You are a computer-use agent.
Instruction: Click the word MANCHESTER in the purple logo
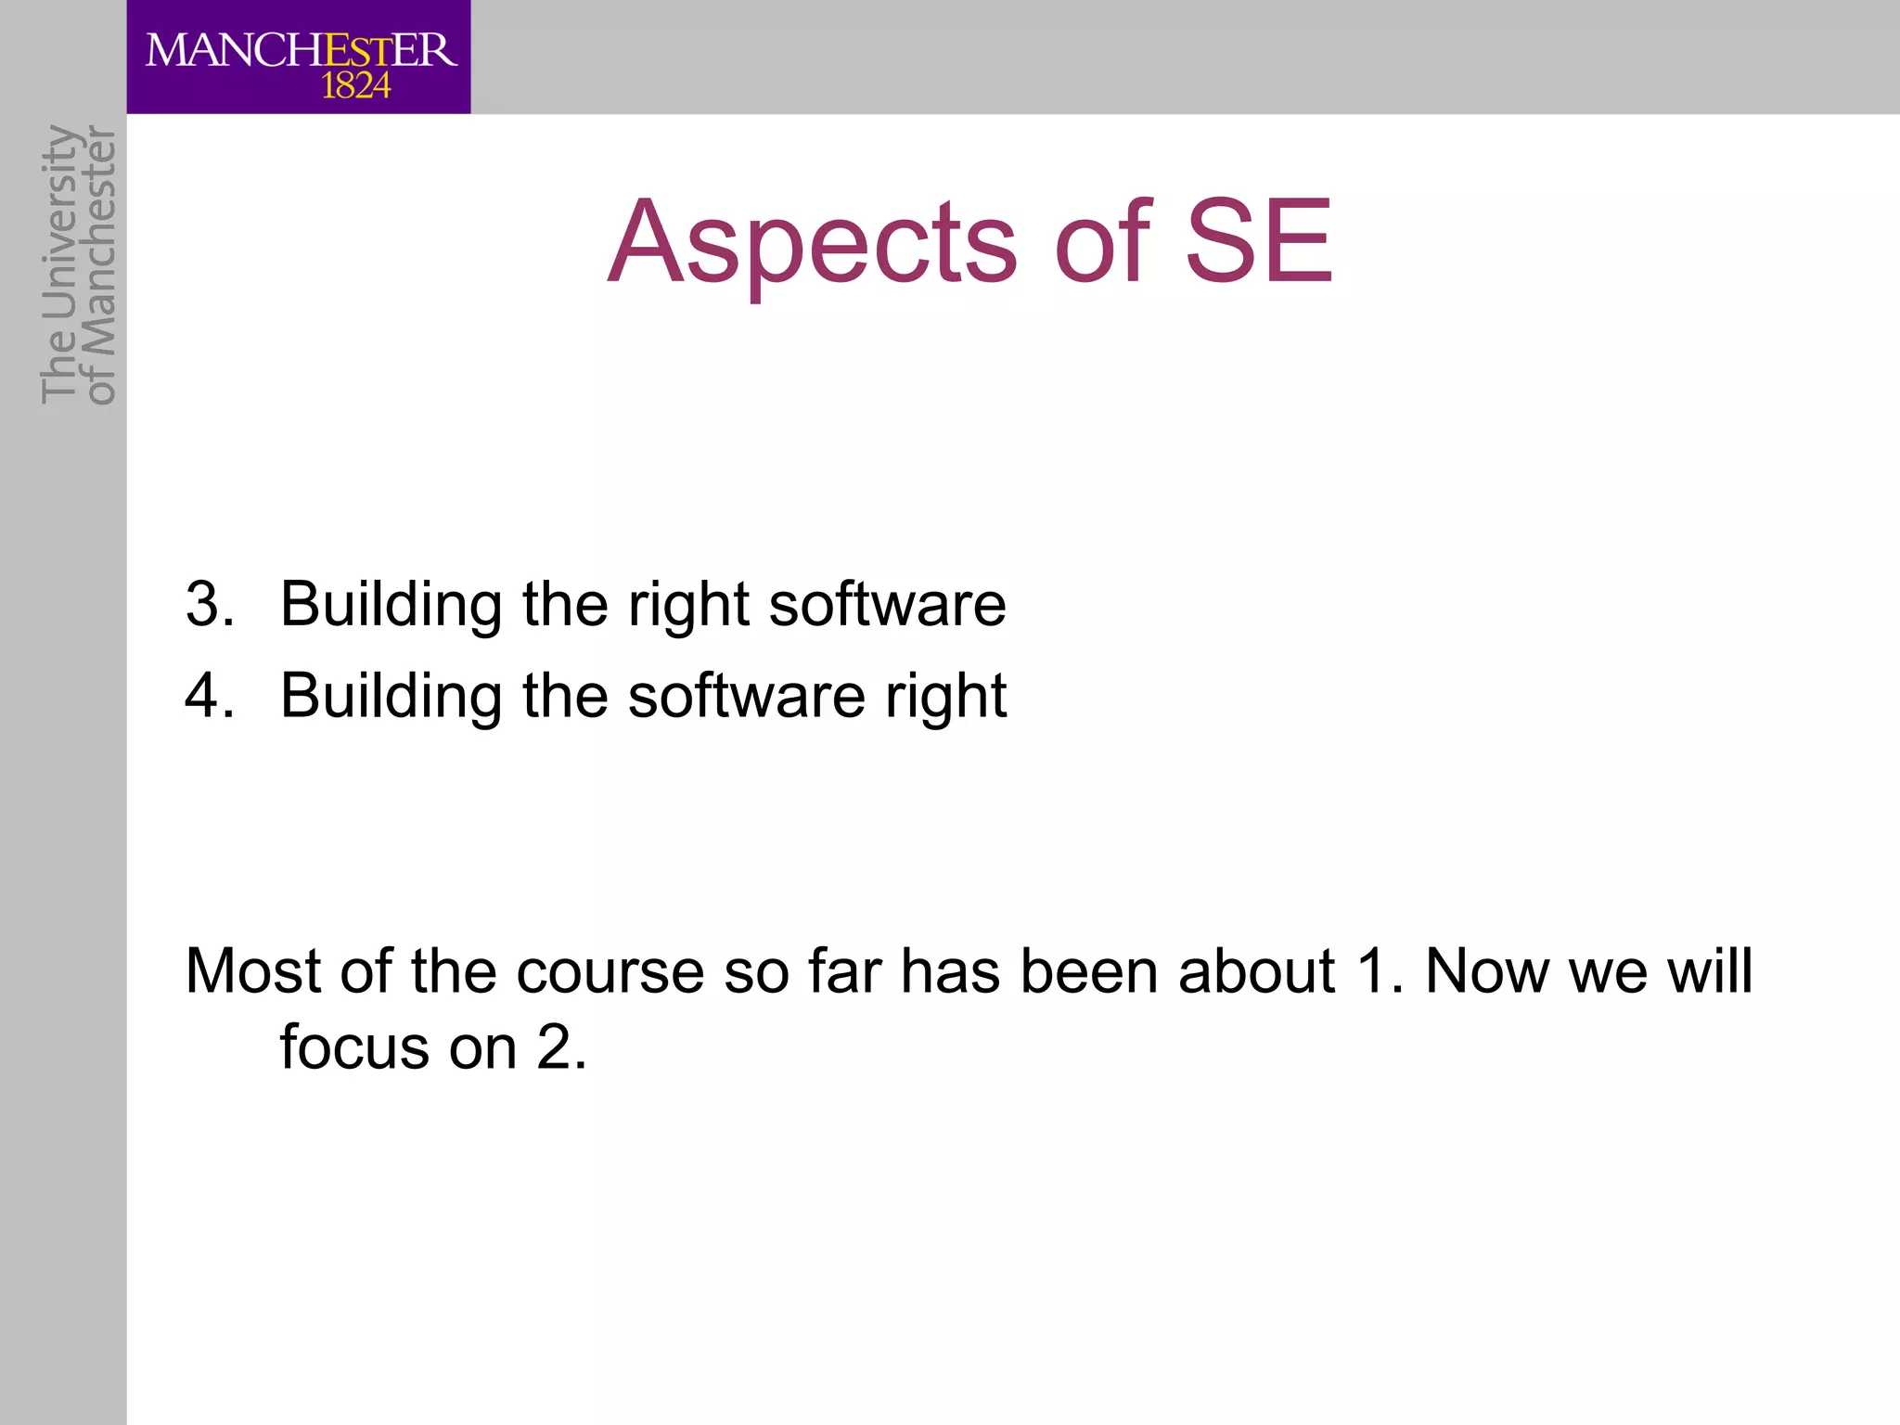click(302, 50)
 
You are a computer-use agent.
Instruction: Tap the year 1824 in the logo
click(355, 87)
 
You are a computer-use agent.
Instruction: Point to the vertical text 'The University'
click(58, 264)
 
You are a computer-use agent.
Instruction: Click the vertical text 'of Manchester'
click(100, 266)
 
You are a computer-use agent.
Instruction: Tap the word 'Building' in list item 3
click(391, 606)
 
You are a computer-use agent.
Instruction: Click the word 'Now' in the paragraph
click(1486, 971)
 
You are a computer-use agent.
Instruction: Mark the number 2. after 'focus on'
click(561, 1047)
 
